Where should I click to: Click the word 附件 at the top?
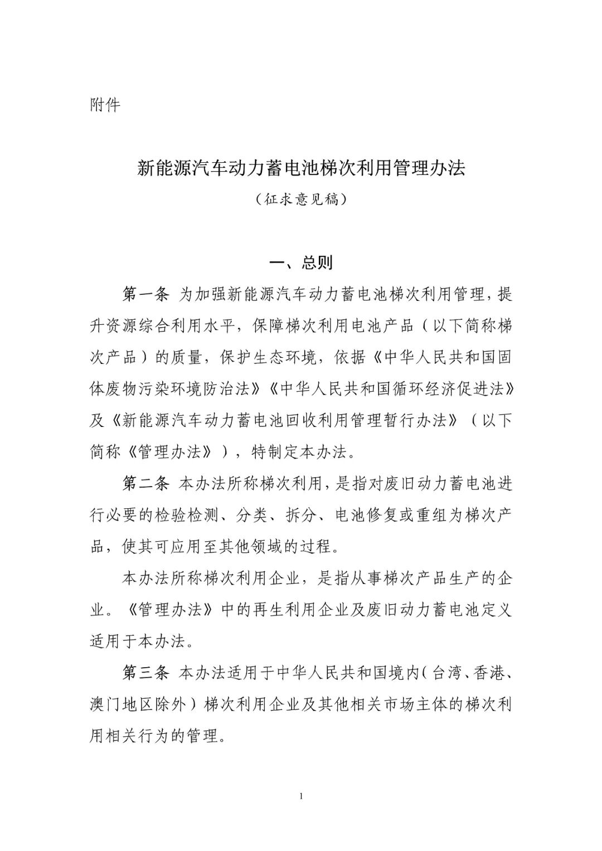[105, 104]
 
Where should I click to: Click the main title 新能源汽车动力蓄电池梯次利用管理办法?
[301, 169]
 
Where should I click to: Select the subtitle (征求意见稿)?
[301, 199]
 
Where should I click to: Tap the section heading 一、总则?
[301, 262]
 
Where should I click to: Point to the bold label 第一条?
[145, 294]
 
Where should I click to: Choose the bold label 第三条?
[145, 673]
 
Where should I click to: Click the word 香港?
[488, 673]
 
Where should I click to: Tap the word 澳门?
[105, 705]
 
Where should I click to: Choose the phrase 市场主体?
[398, 705]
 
